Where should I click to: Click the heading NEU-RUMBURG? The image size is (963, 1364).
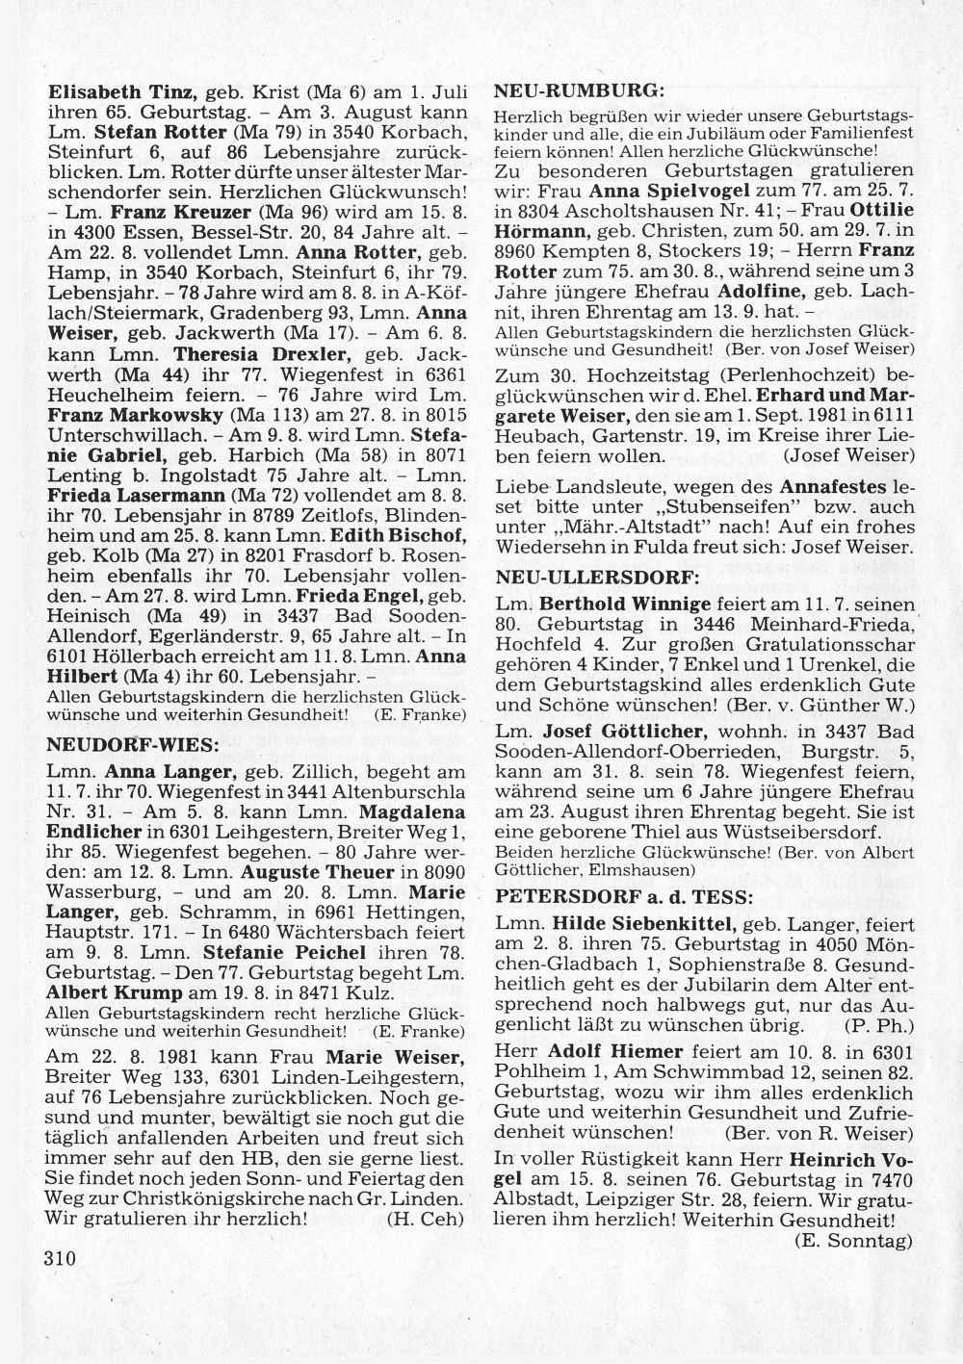point(580,90)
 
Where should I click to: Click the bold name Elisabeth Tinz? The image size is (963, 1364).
point(122,93)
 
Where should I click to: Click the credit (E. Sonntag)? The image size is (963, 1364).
point(853,1242)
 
